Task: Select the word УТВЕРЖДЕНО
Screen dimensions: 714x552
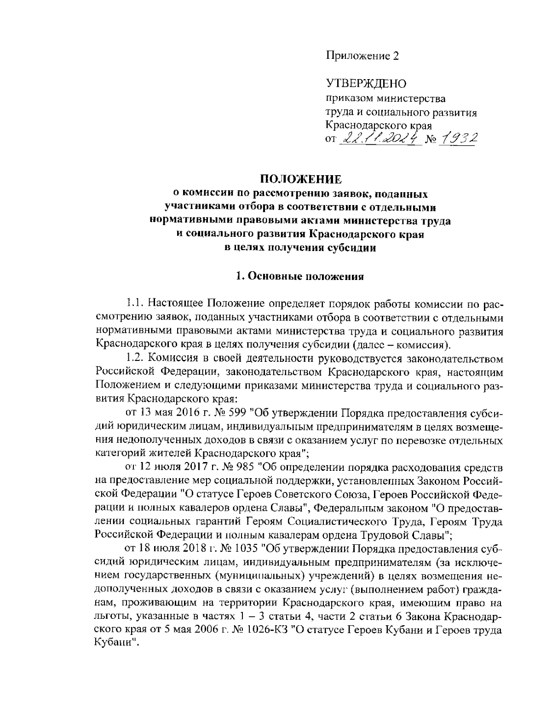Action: [x=366, y=83]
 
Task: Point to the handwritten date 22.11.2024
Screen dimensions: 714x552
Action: [x=380, y=138]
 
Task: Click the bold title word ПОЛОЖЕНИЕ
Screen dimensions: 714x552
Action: [x=301, y=179]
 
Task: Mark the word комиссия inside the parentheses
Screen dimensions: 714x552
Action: [x=421, y=344]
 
